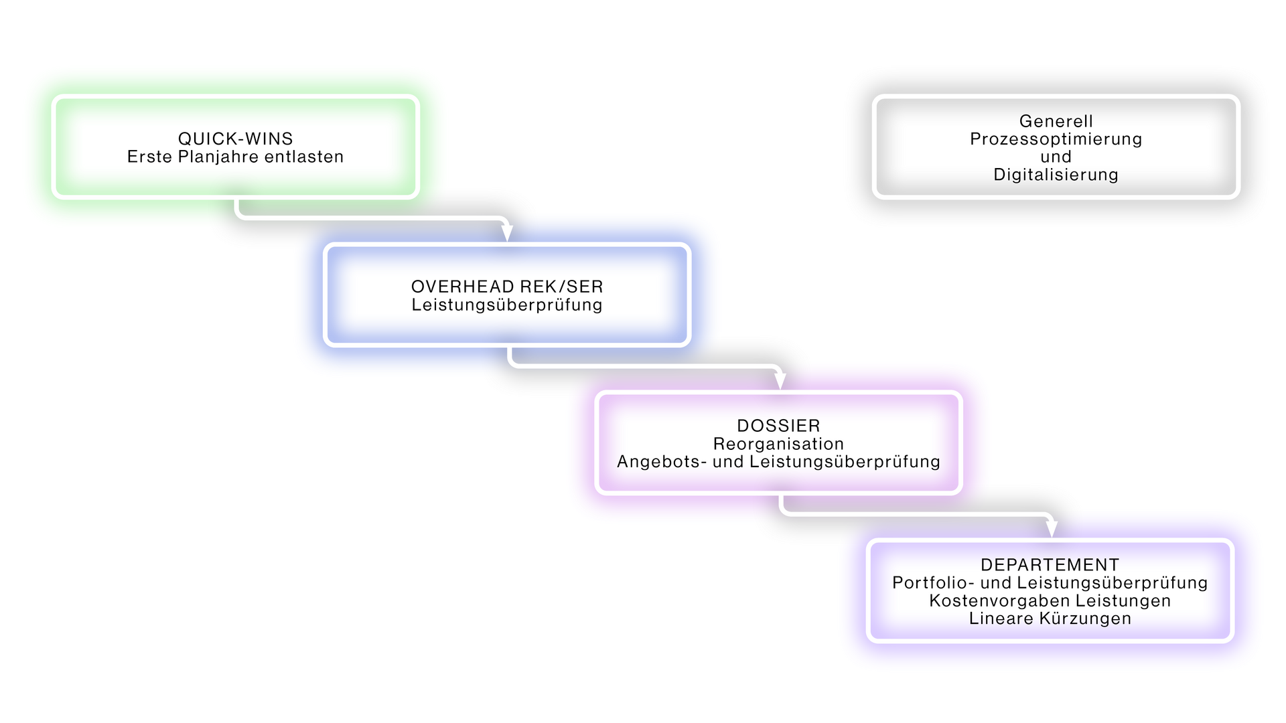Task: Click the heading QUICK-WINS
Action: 236,139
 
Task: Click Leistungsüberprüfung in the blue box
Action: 507,305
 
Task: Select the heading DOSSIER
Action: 778,426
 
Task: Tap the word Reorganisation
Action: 778,444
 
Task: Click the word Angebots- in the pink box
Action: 662,461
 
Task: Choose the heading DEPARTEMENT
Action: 1050,565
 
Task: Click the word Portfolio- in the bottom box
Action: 933,582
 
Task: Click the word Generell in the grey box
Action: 1056,121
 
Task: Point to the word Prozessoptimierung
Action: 1056,139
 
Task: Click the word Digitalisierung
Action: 1056,175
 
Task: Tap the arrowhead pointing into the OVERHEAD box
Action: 507,233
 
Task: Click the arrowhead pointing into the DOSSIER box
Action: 780,381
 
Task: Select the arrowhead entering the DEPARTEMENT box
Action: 1052,529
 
